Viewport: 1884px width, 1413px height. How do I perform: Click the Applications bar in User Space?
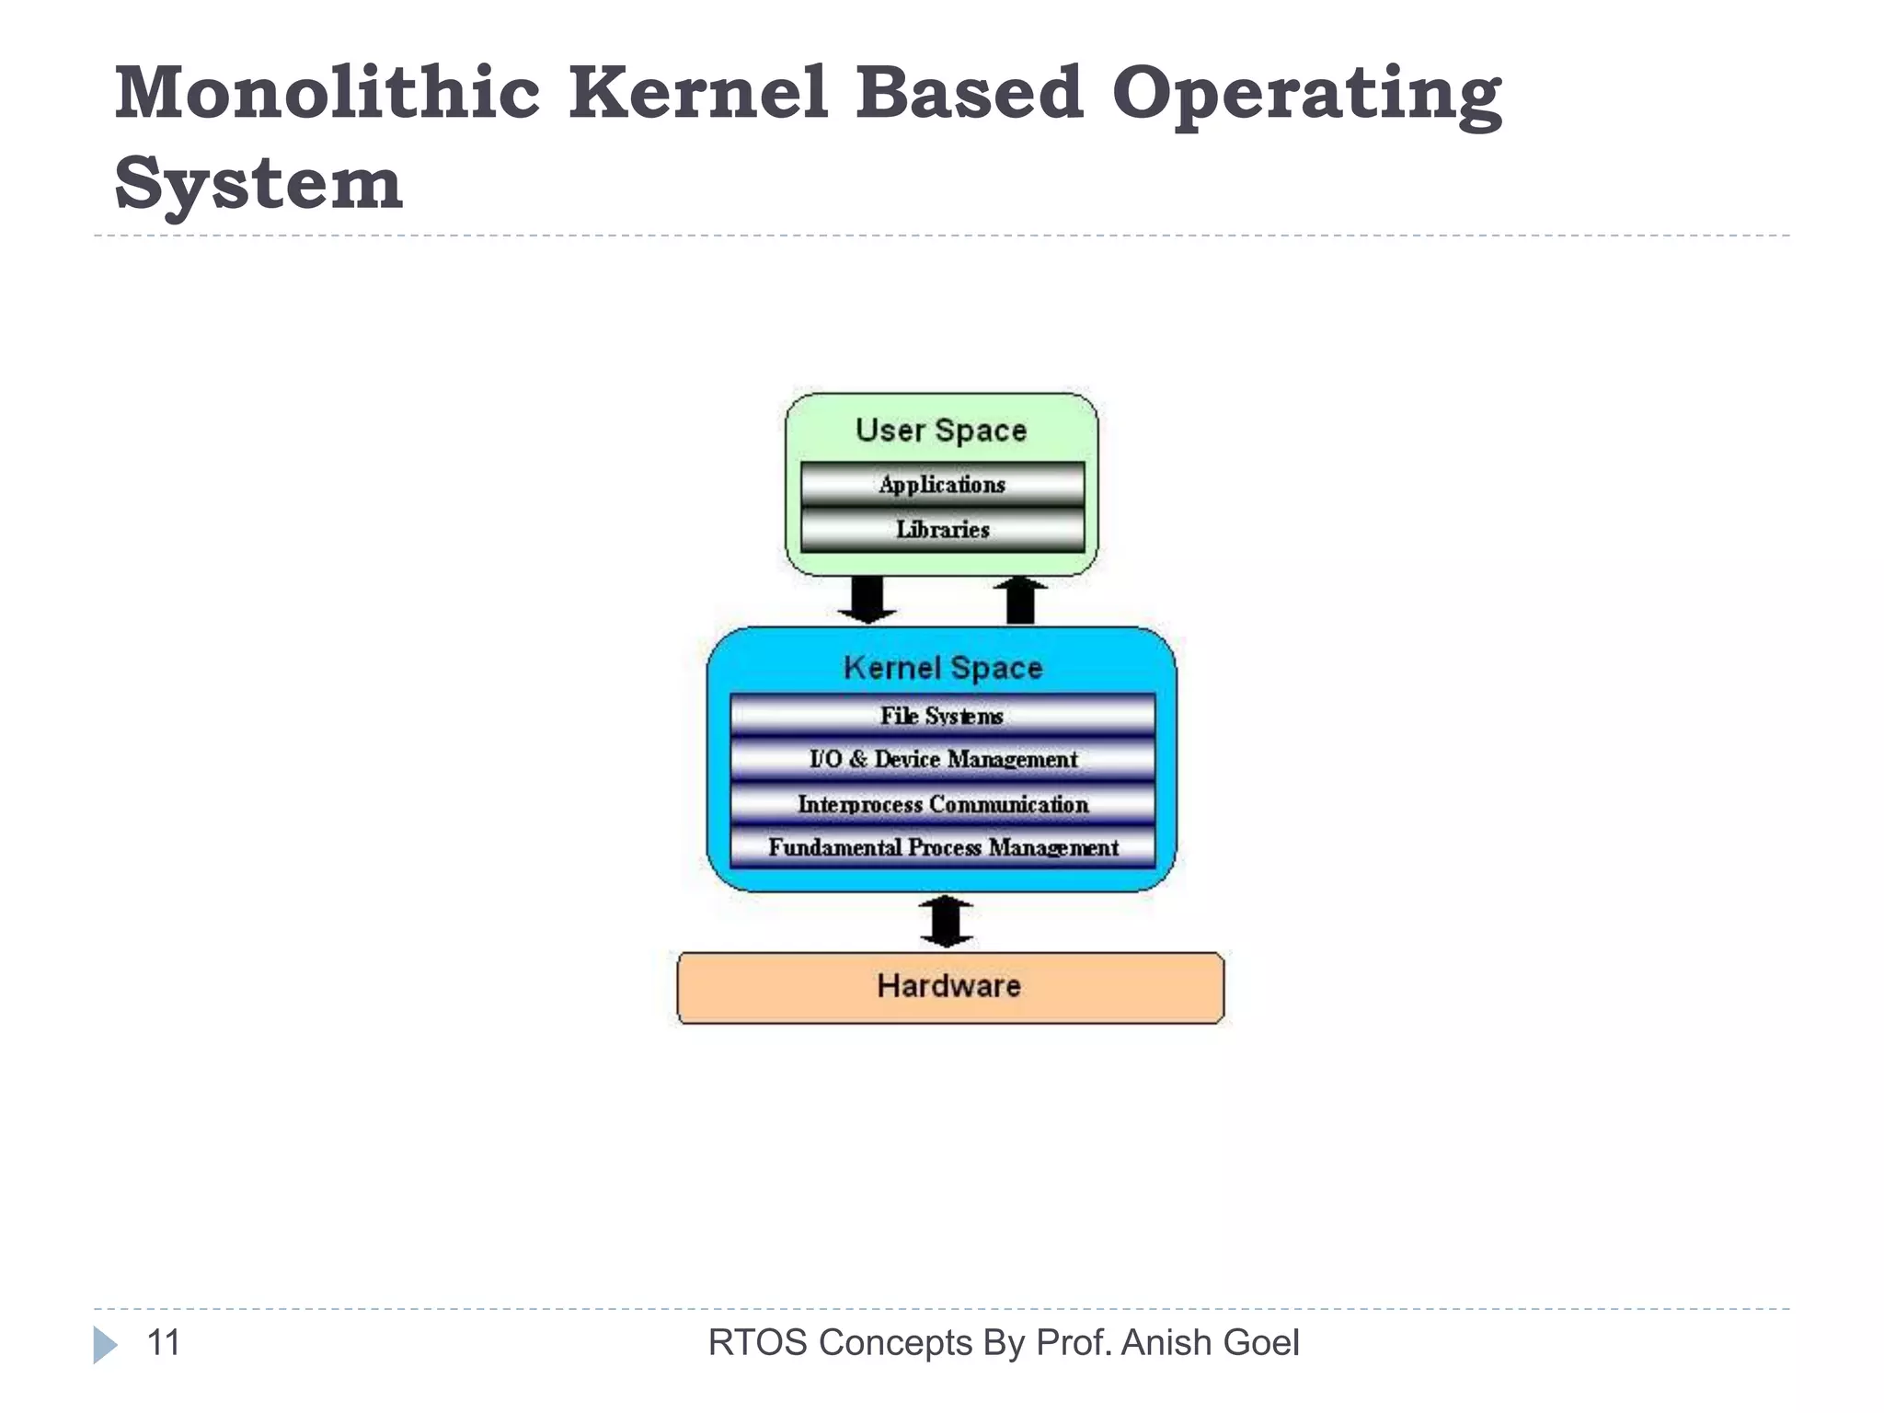pyautogui.click(x=942, y=485)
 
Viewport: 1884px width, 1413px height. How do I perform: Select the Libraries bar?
pyautogui.click(x=942, y=530)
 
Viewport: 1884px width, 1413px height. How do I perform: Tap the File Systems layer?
pyautogui.click(x=942, y=716)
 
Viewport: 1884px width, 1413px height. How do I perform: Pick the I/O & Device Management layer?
pyautogui.click(x=942, y=760)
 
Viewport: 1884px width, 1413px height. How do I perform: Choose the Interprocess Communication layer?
pyautogui.click(x=942, y=804)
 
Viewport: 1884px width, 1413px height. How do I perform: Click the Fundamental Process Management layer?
pyautogui.click(x=942, y=847)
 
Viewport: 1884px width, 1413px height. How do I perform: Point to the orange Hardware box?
pyautogui.click(x=949, y=987)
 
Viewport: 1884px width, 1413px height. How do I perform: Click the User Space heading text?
pyautogui.click(x=940, y=431)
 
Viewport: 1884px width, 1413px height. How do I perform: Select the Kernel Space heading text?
pyautogui.click(x=942, y=668)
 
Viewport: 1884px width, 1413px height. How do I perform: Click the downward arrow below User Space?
pyautogui.click(x=867, y=600)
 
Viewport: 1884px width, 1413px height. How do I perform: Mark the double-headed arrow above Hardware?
pyautogui.click(x=947, y=922)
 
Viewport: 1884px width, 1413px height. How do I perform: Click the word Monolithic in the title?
pyautogui.click(x=327, y=94)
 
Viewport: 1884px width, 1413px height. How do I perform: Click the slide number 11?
pyautogui.click(x=164, y=1343)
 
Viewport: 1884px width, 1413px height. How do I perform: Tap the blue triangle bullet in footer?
pyautogui.click(x=105, y=1345)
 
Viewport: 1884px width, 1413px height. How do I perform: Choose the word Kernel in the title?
pyautogui.click(x=698, y=94)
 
